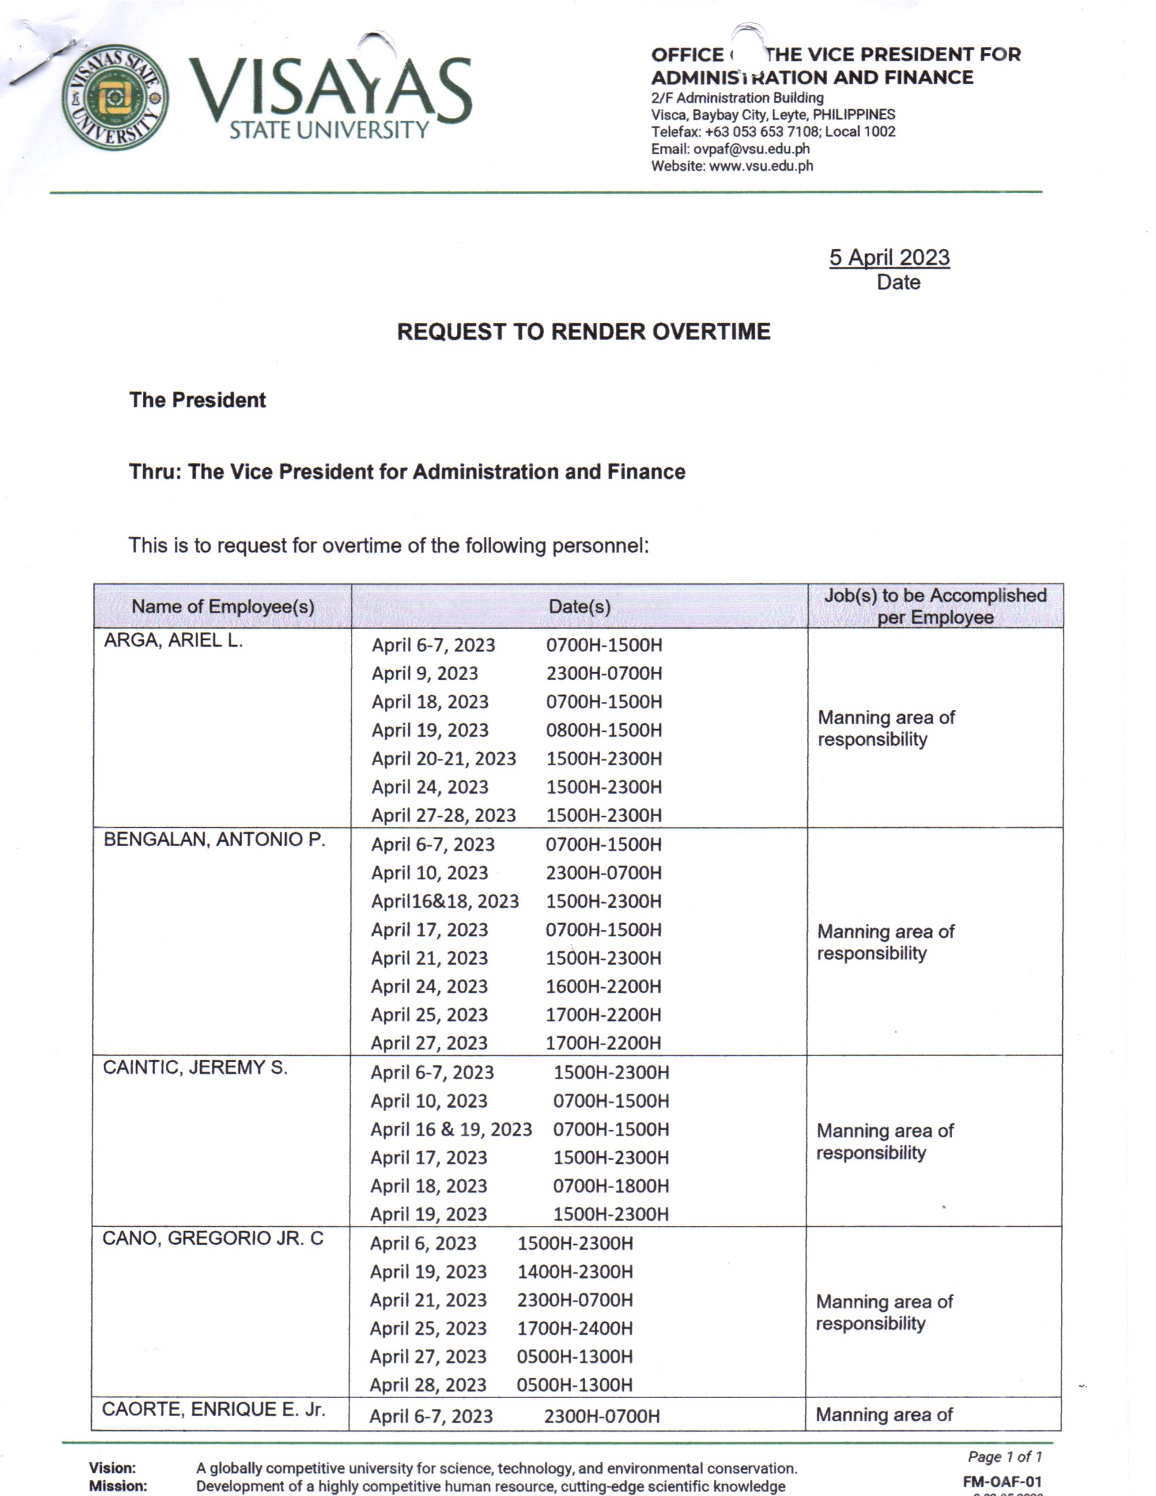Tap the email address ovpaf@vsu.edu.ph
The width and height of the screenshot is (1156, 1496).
pyautogui.click(x=751, y=149)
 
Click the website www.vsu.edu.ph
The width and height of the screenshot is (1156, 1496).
pyautogui.click(x=761, y=166)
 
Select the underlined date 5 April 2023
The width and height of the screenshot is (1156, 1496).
pyautogui.click(x=889, y=258)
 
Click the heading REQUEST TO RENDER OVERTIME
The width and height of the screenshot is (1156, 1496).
pyautogui.click(x=583, y=332)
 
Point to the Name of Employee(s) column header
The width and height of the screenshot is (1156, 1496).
pyautogui.click(x=222, y=606)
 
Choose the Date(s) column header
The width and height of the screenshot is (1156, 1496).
pyautogui.click(x=579, y=606)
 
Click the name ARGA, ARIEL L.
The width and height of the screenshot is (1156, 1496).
pyautogui.click(x=173, y=641)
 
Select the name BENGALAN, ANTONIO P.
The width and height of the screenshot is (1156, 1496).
pyautogui.click(x=214, y=840)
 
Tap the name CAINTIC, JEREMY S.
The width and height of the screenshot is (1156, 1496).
pyautogui.click(x=194, y=1067)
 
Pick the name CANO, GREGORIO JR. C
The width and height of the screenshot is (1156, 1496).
pyautogui.click(x=212, y=1238)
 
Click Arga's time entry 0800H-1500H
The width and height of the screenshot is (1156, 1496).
pyautogui.click(x=603, y=730)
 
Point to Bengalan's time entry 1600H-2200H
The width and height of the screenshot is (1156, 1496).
pyautogui.click(x=602, y=987)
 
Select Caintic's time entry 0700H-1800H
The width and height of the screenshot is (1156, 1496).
pyautogui.click(x=611, y=1186)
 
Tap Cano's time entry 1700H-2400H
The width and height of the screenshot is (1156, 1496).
pyautogui.click(x=575, y=1328)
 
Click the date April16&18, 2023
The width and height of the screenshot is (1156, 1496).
pyautogui.click(x=445, y=902)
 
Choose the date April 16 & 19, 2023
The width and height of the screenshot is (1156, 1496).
pyautogui.click(x=451, y=1129)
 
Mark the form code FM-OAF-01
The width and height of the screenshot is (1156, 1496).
pyautogui.click(x=1001, y=1482)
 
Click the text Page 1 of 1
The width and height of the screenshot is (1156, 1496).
pyautogui.click(x=1004, y=1457)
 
